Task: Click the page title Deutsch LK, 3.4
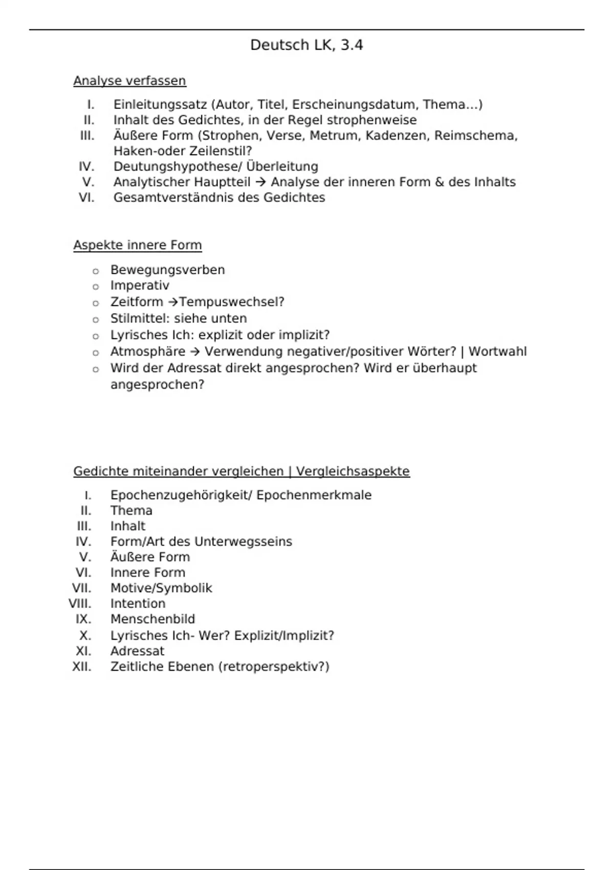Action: (306, 45)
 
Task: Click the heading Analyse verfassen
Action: (129, 81)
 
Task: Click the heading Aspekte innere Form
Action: (137, 245)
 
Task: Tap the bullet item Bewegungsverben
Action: (167, 270)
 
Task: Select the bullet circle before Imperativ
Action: (95, 287)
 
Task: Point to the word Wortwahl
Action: (497, 352)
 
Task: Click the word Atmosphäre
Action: (148, 352)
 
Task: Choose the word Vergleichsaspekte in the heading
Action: (353, 471)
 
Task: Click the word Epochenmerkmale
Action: (314, 495)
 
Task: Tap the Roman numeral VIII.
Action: (80, 604)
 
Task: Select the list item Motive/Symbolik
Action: (161, 588)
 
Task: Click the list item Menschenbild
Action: (152, 619)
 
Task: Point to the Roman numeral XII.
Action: (82, 667)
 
